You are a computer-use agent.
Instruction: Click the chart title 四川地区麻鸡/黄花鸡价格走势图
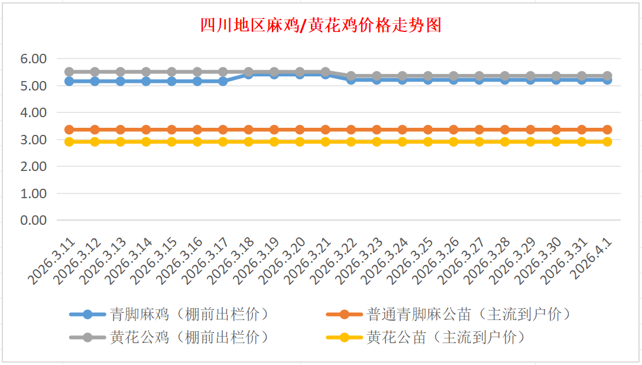(320, 25)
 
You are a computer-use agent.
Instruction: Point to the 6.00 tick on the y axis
(33, 59)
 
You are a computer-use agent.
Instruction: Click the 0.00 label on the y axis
(33, 220)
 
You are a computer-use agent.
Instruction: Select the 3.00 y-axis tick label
(33, 140)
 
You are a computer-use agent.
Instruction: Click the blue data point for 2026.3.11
(69, 81)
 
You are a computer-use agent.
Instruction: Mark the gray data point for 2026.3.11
(69, 72)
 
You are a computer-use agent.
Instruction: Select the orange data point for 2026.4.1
(607, 130)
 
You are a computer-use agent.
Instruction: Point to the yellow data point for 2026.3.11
(69, 142)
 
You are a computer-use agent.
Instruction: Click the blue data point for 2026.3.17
(223, 81)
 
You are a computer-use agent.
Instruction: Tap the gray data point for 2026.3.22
(351, 76)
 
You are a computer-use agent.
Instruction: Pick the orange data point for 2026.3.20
(300, 130)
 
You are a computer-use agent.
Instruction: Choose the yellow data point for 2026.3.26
(453, 142)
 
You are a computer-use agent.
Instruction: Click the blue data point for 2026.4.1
(607, 80)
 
